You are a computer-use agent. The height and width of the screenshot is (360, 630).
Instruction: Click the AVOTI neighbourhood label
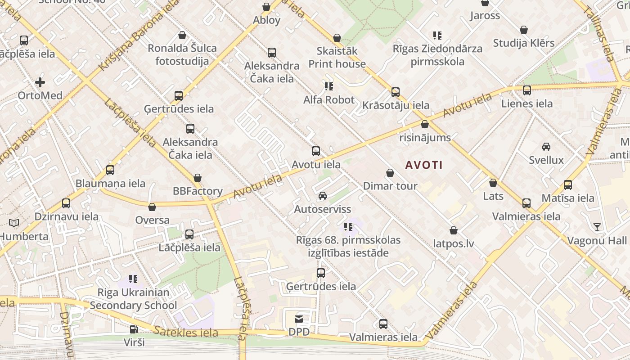(x=424, y=165)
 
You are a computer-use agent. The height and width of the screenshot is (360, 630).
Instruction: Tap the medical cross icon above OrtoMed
(x=40, y=82)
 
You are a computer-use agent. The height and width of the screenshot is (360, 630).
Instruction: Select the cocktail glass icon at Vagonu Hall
(x=597, y=227)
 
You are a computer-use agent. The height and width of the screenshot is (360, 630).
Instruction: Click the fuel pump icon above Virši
(x=134, y=329)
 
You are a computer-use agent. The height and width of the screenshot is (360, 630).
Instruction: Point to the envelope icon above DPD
(x=299, y=319)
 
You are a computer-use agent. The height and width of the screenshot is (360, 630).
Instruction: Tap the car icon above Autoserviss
(x=323, y=196)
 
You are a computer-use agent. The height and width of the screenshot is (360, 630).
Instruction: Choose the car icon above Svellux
(x=546, y=147)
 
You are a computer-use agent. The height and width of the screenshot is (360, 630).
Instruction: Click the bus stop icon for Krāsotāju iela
(x=396, y=92)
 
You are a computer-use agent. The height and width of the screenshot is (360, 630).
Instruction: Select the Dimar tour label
(x=390, y=186)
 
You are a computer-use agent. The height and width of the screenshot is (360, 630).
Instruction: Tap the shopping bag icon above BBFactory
(x=198, y=178)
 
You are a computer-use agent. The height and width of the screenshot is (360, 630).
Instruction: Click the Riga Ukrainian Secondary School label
(x=133, y=299)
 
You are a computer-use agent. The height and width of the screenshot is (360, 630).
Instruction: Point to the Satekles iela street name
(x=186, y=333)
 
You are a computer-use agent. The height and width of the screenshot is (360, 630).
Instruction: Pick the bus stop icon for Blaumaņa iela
(x=110, y=170)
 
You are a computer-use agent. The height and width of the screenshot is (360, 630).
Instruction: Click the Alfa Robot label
(x=329, y=99)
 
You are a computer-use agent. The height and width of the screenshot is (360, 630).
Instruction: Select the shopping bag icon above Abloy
(x=266, y=7)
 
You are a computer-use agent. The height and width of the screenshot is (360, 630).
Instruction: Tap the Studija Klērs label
(x=524, y=43)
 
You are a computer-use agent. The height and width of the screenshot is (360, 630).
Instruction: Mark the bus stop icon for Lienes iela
(x=527, y=90)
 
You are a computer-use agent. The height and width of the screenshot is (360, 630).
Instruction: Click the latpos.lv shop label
(x=454, y=243)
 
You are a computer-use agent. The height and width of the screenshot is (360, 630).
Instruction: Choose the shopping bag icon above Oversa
(x=152, y=207)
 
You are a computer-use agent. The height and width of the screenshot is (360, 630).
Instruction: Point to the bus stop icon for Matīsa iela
(x=568, y=185)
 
